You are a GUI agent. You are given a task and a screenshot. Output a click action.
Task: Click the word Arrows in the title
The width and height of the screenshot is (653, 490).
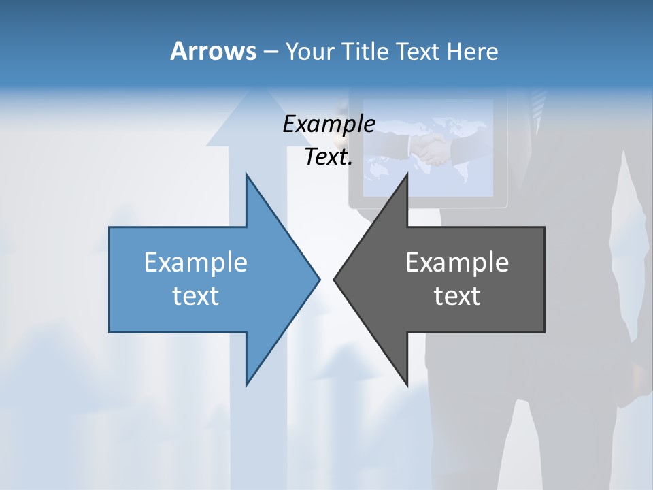click(x=213, y=51)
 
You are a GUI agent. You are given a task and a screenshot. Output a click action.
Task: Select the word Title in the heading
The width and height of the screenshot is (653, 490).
click(x=365, y=52)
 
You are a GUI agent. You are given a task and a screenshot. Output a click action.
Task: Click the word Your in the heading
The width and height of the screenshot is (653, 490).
click(x=309, y=52)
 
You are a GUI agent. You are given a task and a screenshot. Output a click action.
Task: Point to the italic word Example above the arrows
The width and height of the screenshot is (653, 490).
click(x=329, y=124)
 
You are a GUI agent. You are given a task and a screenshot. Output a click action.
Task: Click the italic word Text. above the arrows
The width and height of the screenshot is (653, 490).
click(x=329, y=157)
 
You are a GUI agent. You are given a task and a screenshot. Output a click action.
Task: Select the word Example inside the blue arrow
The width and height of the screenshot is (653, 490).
click(x=196, y=262)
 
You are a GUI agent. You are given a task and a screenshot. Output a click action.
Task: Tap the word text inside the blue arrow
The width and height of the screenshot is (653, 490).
click(x=196, y=296)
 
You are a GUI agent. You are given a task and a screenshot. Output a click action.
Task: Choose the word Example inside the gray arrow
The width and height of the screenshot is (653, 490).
click(x=457, y=262)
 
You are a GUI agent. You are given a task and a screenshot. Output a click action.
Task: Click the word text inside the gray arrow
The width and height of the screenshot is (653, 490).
click(x=457, y=296)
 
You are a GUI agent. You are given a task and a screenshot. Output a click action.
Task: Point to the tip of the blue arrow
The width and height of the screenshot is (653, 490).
click(x=319, y=278)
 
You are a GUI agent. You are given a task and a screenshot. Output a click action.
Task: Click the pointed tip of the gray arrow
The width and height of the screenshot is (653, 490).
click(x=334, y=278)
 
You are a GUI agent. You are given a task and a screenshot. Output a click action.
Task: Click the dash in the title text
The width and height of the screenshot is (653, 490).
click(x=270, y=52)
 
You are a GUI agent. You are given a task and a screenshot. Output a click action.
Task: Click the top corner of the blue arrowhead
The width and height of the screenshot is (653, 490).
click(x=247, y=175)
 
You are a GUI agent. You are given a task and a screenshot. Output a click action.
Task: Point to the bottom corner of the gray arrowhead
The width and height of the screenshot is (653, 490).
click(x=407, y=384)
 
